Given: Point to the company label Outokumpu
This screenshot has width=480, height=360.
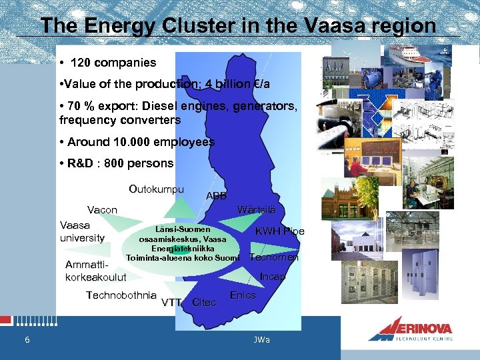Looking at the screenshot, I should (x=156, y=189).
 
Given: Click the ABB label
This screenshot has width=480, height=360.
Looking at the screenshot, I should (x=217, y=196).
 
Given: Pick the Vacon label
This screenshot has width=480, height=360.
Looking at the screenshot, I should (x=103, y=210).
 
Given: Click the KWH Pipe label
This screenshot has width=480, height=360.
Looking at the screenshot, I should (x=279, y=231).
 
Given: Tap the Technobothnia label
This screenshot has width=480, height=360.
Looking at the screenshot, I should (x=121, y=295).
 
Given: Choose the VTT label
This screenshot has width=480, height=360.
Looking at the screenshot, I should (x=172, y=302).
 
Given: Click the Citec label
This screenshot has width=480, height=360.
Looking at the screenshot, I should (x=204, y=303).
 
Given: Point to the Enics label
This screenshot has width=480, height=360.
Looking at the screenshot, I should (x=243, y=295).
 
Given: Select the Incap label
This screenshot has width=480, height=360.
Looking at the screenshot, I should (x=273, y=276).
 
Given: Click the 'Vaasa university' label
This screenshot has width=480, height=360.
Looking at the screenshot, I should (x=82, y=231).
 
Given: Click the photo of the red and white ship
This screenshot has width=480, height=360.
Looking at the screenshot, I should (x=409, y=54).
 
